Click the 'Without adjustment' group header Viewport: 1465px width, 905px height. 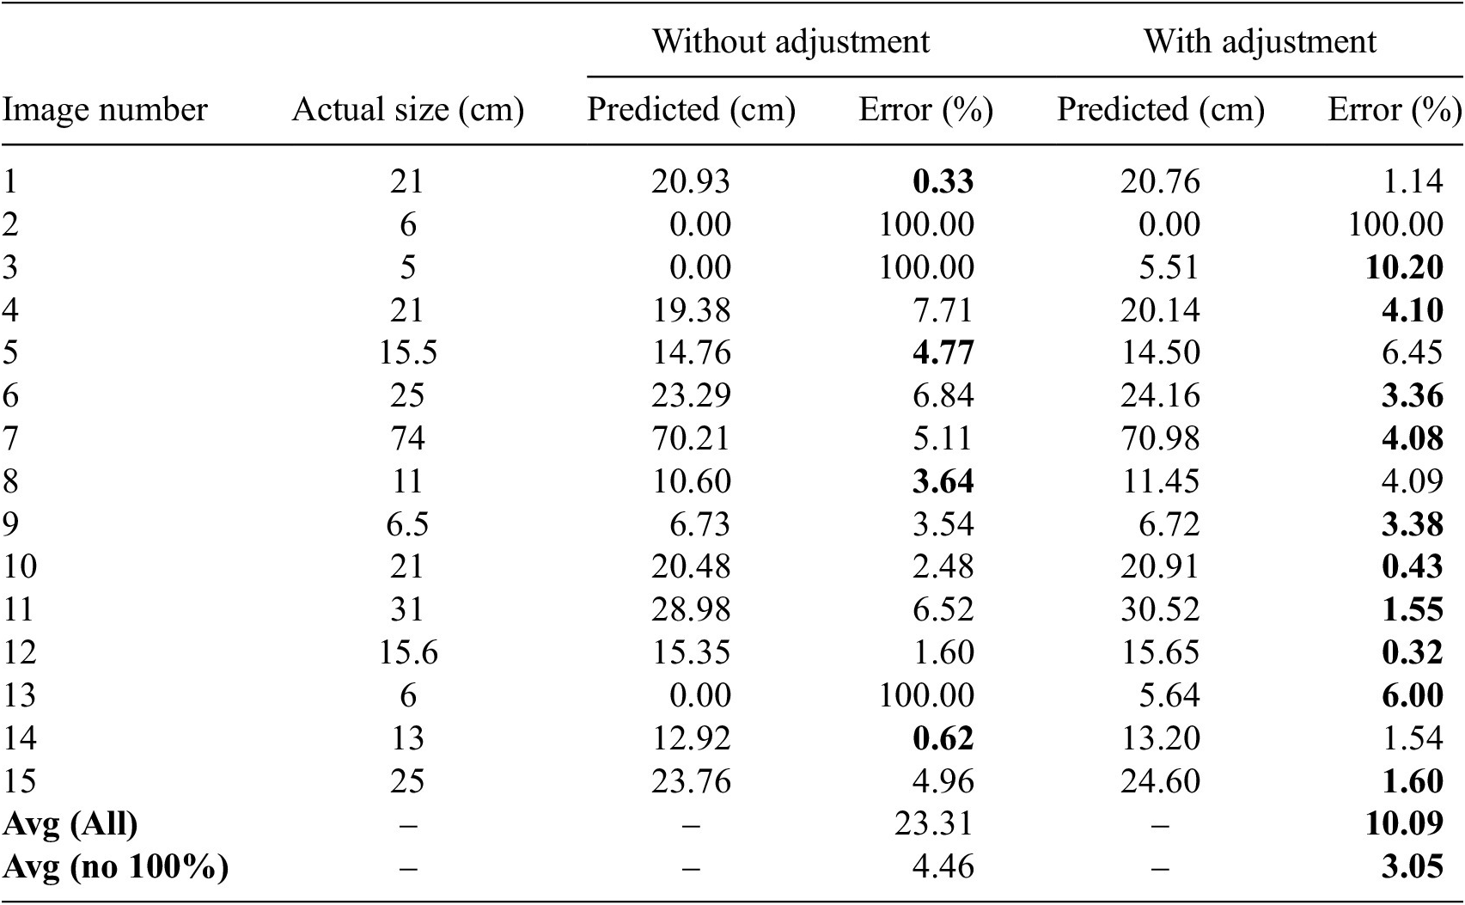790,41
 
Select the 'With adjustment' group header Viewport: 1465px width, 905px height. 1260,41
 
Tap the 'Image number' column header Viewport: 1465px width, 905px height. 105,110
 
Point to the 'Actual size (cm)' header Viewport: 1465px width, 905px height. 407,110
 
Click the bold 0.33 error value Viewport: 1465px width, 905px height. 943,181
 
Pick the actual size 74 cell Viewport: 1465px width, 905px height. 407,438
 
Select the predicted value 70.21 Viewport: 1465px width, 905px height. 691,438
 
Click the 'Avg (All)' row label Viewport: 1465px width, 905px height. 70,823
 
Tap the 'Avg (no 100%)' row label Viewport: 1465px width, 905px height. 116,866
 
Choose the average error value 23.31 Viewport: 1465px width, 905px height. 933,823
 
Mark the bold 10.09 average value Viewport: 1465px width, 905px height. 1403,823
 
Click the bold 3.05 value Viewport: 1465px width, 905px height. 1412,866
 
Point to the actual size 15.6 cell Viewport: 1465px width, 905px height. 407,652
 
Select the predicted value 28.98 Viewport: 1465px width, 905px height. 691,609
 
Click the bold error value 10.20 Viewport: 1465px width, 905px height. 1403,267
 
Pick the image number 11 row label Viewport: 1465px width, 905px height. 18,609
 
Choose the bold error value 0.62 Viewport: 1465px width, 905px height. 943,738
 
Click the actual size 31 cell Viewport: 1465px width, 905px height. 407,609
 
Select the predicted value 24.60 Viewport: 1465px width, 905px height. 1160,781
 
